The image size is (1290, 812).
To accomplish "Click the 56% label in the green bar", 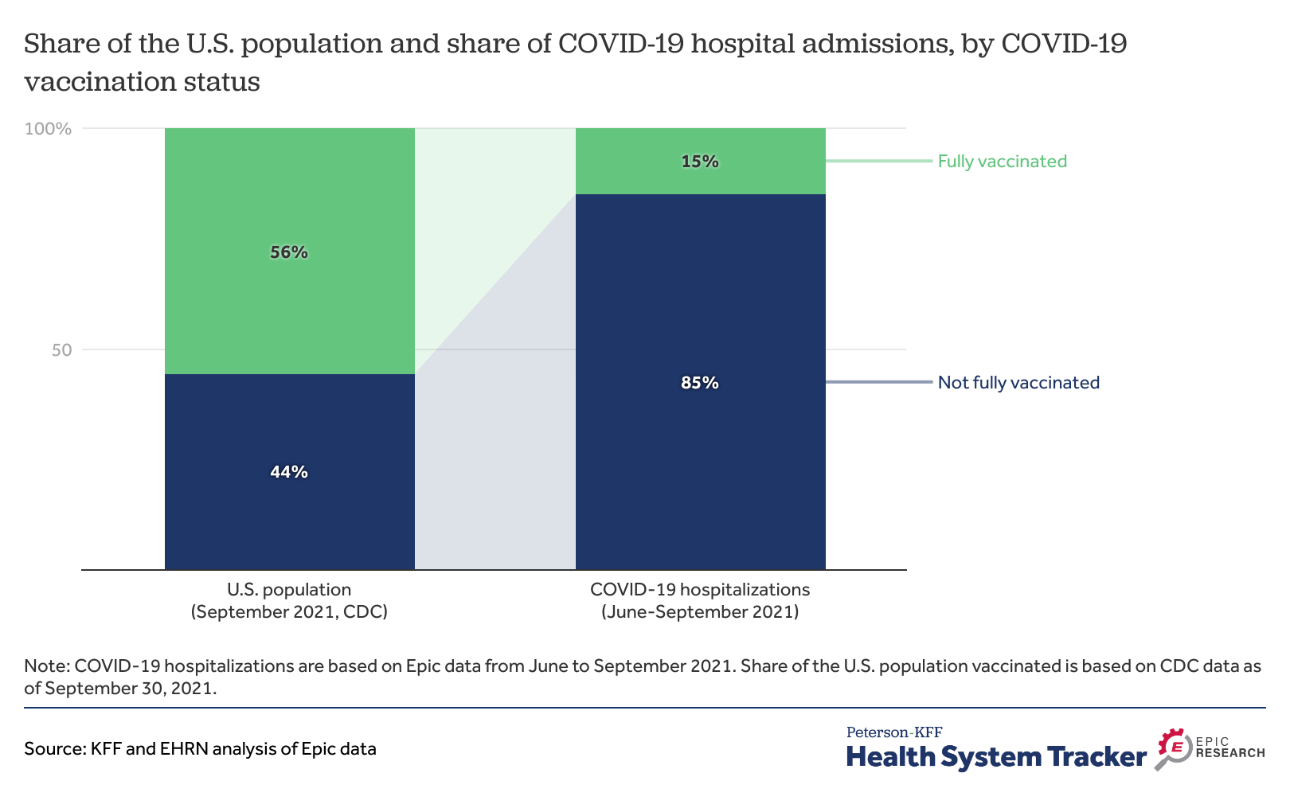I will pyautogui.click(x=289, y=252).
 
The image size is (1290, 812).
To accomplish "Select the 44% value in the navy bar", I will pyautogui.click(x=289, y=472).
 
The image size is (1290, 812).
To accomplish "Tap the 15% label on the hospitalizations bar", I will pyautogui.click(x=700, y=162).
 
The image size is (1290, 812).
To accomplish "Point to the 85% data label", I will pyautogui.click(x=700, y=383).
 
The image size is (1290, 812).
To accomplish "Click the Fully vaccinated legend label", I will pyautogui.click(x=1002, y=162).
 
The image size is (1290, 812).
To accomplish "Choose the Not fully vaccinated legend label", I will pyautogui.click(x=1018, y=383).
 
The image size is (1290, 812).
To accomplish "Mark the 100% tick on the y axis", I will pyautogui.click(x=49, y=129).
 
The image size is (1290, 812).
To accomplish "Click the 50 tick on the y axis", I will pyautogui.click(x=61, y=350).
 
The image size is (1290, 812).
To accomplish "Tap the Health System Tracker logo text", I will pyautogui.click(x=996, y=757).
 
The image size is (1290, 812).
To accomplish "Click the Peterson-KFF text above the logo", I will pyautogui.click(x=893, y=732).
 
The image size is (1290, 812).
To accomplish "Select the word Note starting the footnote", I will pyautogui.click(x=45, y=666).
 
